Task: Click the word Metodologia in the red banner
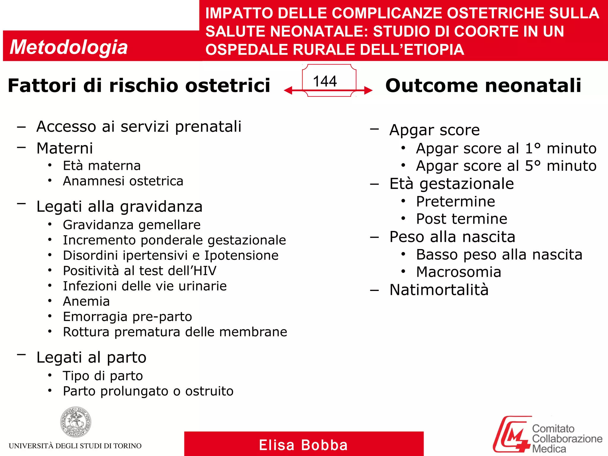point(69,47)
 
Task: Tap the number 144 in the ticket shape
point(325,81)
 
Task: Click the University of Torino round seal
point(76,422)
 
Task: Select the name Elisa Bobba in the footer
point(303,445)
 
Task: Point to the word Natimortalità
point(439,290)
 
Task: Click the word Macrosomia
point(458,272)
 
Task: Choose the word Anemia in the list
point(86,301)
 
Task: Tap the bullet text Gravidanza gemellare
point(132,225)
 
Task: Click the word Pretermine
point(455,202)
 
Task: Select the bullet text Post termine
point(462,219)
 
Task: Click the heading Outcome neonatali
point(483,85)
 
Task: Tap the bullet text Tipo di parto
point(103,376)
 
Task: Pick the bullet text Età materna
point(102,166)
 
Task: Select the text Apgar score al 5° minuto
point(506,166)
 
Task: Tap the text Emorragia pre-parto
point(127,317)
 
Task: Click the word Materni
point(64,148)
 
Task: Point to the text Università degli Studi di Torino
point(75,446)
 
